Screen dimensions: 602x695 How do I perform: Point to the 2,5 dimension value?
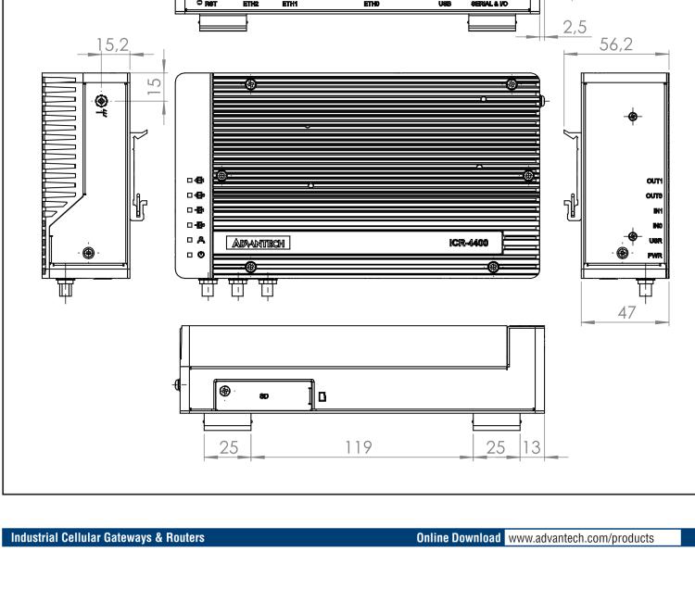click(x=576, y=28)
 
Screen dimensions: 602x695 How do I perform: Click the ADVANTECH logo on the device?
click(x=257, y=244)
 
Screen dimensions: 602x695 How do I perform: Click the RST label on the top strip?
click(x=209, y=4)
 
